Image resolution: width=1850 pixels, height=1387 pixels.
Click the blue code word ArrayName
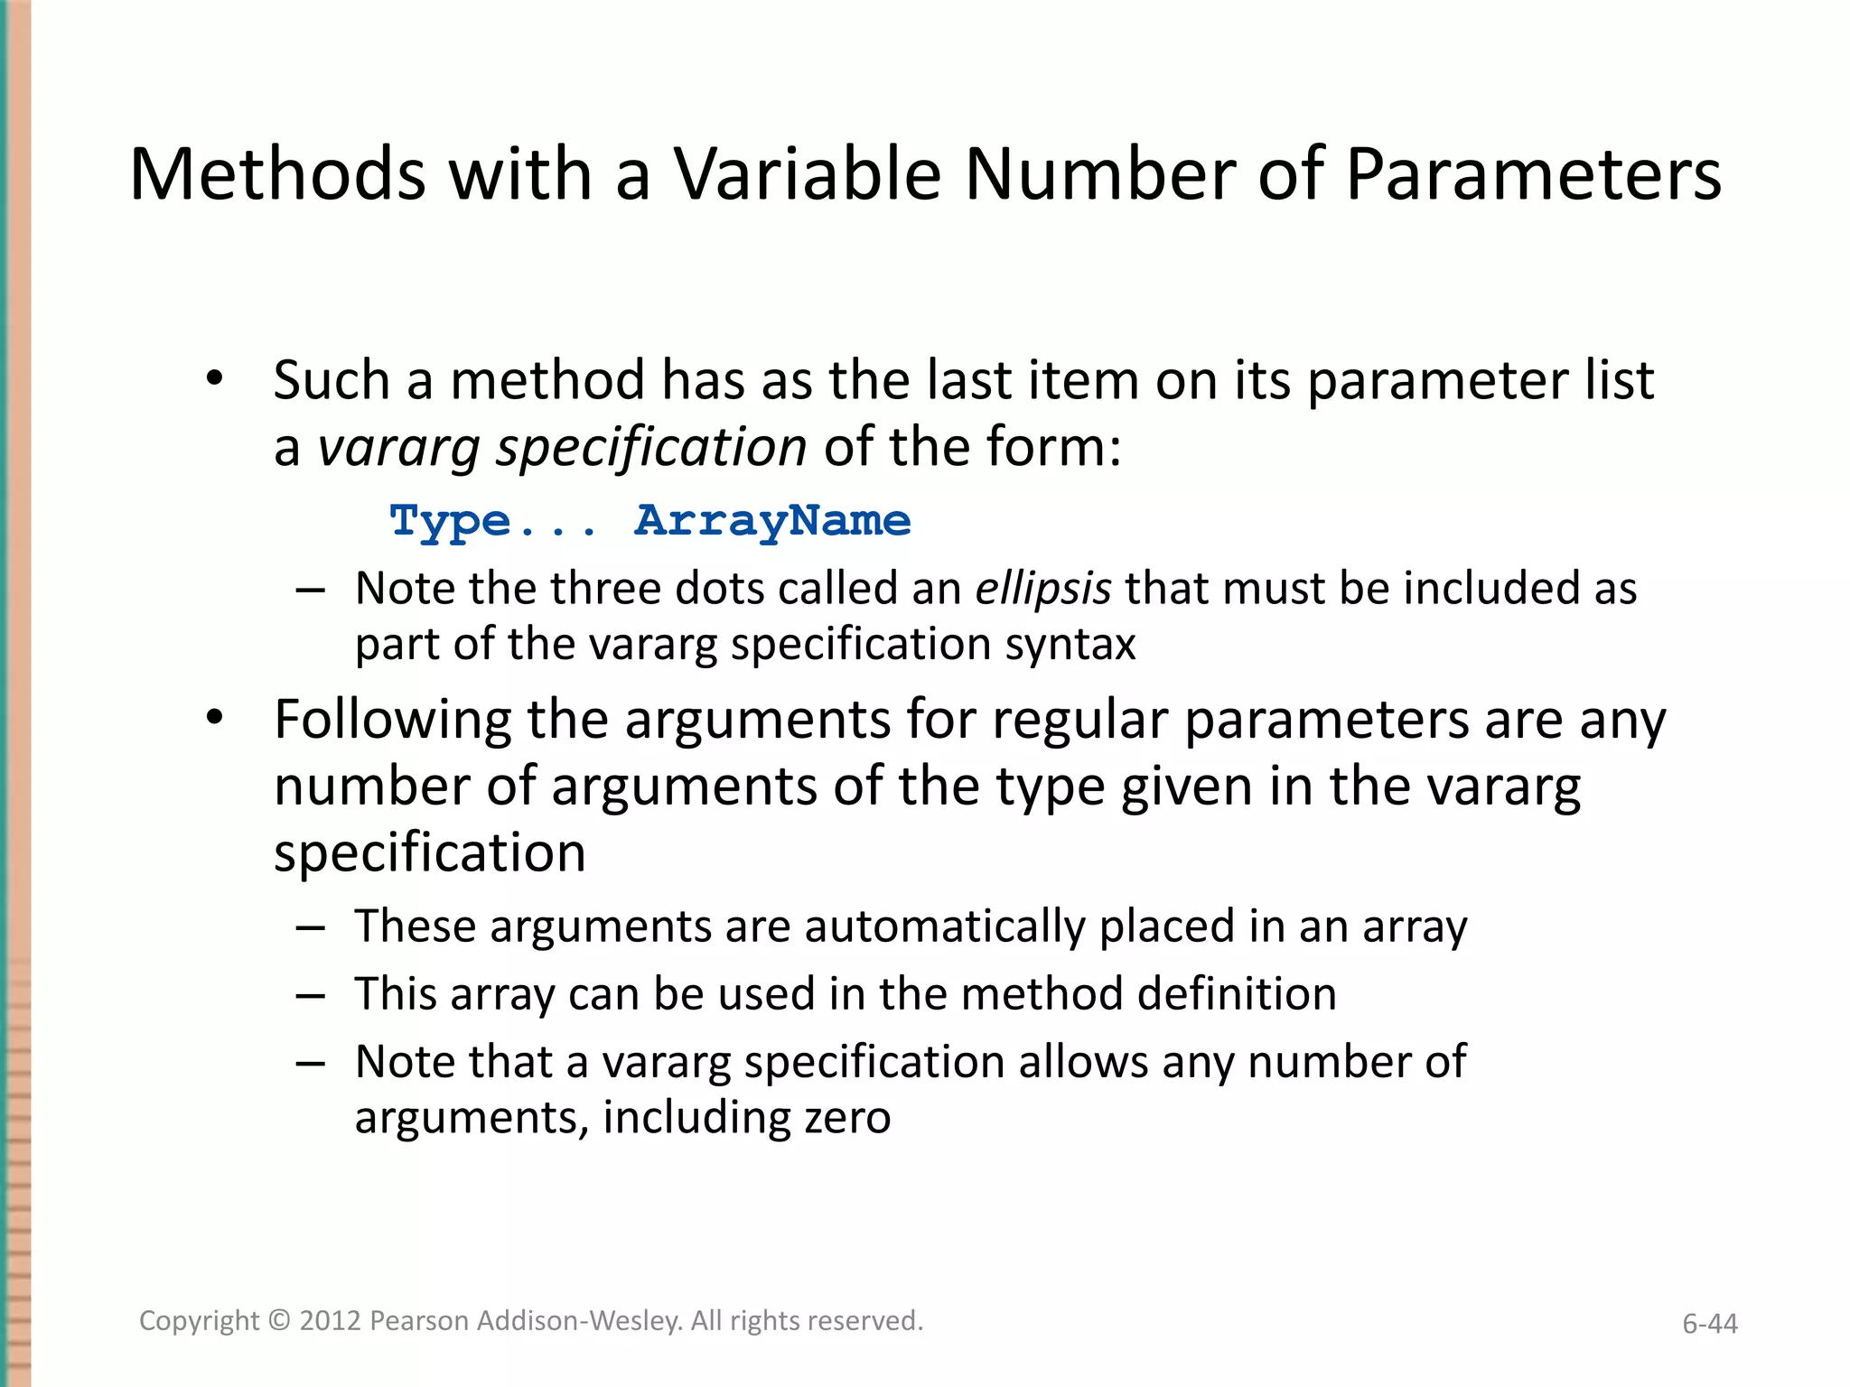[x=772, y=521]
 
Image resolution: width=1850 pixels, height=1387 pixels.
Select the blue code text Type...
[x=450, y=522]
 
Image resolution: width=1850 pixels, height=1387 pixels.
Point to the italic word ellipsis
[x=1042, y=589]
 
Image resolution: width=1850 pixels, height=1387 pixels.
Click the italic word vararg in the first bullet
[x=398, y=448]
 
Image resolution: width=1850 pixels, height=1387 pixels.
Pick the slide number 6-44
[x=1709, y=1324]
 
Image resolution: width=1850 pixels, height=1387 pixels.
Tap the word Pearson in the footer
[x=419, y=1321]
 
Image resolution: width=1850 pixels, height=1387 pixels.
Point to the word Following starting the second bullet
[x=393, y=721]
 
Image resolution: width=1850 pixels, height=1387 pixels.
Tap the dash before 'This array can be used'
[x=310, y=995]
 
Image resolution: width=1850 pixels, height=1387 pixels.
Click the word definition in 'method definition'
[x=1236, y=994]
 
